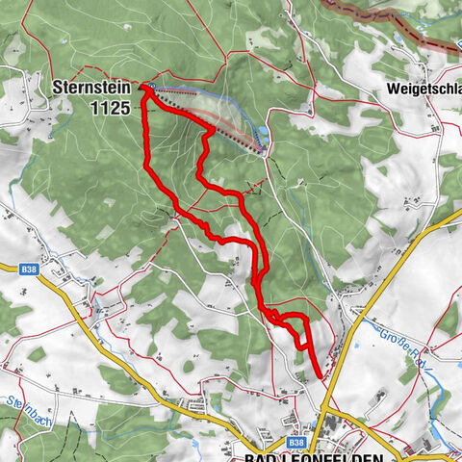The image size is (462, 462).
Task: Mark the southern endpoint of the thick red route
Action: pyautogui.click(x=320, y=376)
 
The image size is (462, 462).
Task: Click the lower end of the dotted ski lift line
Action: pyautogui.click(x=260, y=149)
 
